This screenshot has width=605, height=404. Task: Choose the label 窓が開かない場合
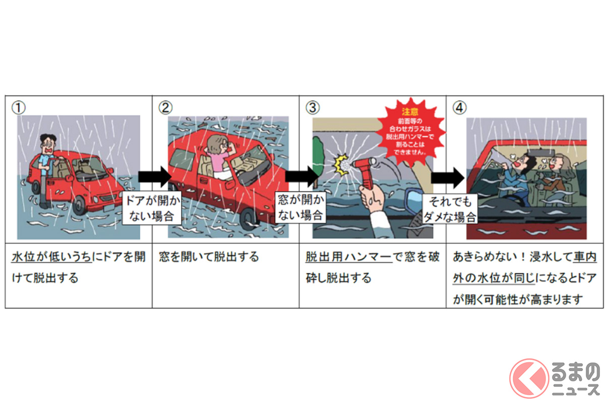(300, 208)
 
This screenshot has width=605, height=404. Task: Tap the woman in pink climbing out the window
(220, 157)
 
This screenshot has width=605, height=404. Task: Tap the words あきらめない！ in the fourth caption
(486, 257)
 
